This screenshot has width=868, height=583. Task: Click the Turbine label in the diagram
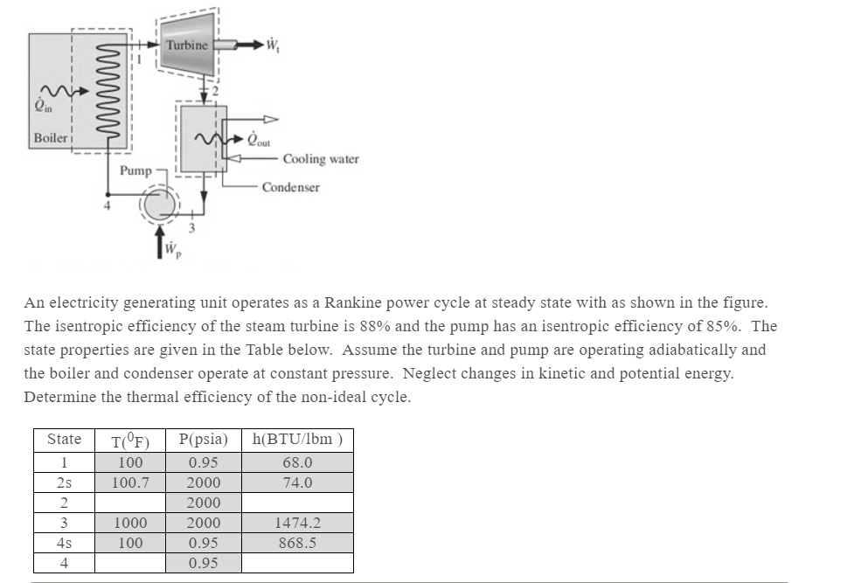187,45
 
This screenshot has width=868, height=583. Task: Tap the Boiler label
49,138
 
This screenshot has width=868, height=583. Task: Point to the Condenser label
290,187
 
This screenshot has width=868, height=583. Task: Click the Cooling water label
320,159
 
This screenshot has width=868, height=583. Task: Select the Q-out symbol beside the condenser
259,140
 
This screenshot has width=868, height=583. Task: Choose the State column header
64,440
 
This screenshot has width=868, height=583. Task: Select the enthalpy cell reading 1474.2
296,523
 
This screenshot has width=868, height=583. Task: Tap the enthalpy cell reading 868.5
296,543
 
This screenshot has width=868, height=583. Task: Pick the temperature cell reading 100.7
130,482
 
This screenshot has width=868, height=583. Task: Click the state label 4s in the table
64,543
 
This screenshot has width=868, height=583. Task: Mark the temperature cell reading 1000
130,523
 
